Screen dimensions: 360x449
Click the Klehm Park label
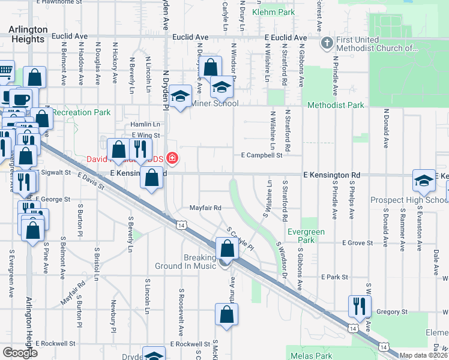point(274,12)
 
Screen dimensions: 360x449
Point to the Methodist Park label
point(336,105)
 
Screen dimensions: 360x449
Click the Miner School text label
point(214,103)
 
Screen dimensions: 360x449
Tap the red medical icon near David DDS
point(173,158)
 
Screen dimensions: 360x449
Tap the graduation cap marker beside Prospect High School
point(423,180)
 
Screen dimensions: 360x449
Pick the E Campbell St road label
point(261,155)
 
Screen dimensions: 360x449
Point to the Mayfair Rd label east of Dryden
point(206,208)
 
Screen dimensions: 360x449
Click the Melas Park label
point(309,355)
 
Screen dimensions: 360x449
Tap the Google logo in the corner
point(20,352)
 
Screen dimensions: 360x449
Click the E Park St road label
point(334,277)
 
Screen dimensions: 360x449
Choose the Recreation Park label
point(81,112)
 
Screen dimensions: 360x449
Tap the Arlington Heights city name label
point(28,34)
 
